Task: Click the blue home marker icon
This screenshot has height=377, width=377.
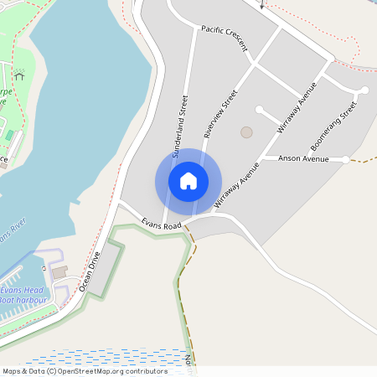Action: pos(188,180)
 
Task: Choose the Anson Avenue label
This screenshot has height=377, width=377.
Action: pos(302,158)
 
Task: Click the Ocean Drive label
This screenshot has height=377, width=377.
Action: pos(90,271)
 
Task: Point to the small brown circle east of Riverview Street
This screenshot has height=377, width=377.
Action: pos(246,132)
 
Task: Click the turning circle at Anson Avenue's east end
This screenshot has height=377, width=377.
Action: pos(346,159)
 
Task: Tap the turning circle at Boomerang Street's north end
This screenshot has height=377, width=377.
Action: pos(365,90)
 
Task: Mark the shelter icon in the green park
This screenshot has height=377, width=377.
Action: pos(19,75)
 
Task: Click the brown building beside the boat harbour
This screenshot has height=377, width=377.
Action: pos(59,272)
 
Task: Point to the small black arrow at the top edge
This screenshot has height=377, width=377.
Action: pos(261,5)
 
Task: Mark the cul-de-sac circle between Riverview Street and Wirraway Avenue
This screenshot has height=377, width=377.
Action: pos(260,109)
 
